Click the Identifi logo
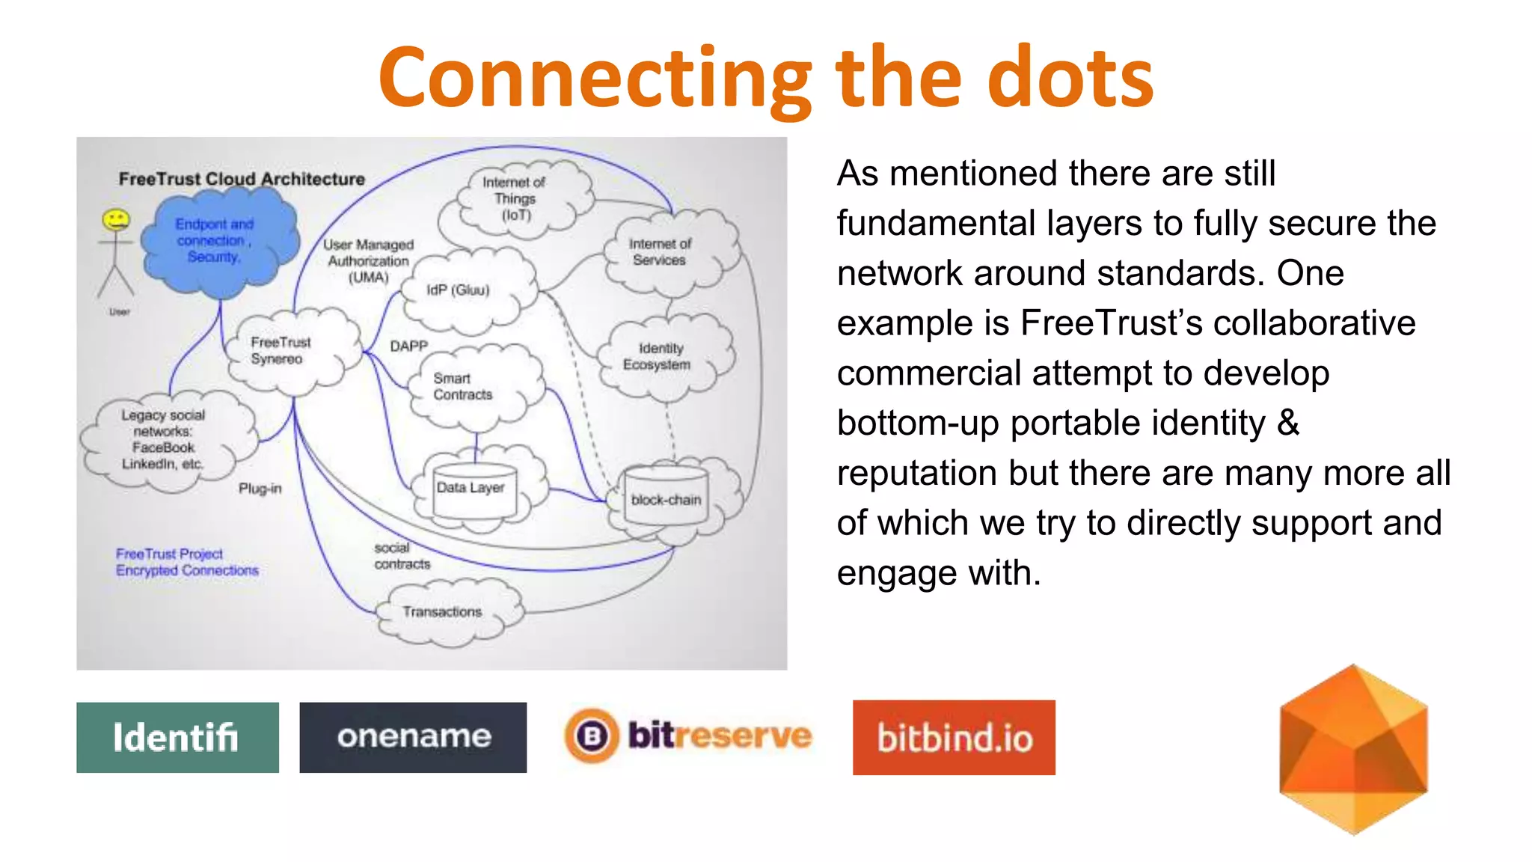(177, 737)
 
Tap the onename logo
(413, 737)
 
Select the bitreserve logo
(688, 736)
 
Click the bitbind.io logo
(954, 737)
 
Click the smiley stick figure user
(116, 254)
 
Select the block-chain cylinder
(666, 498)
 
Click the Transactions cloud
(445, 612)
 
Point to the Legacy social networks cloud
(165, 440)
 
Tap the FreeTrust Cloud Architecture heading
(242, 179)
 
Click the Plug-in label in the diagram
(260, 489)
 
